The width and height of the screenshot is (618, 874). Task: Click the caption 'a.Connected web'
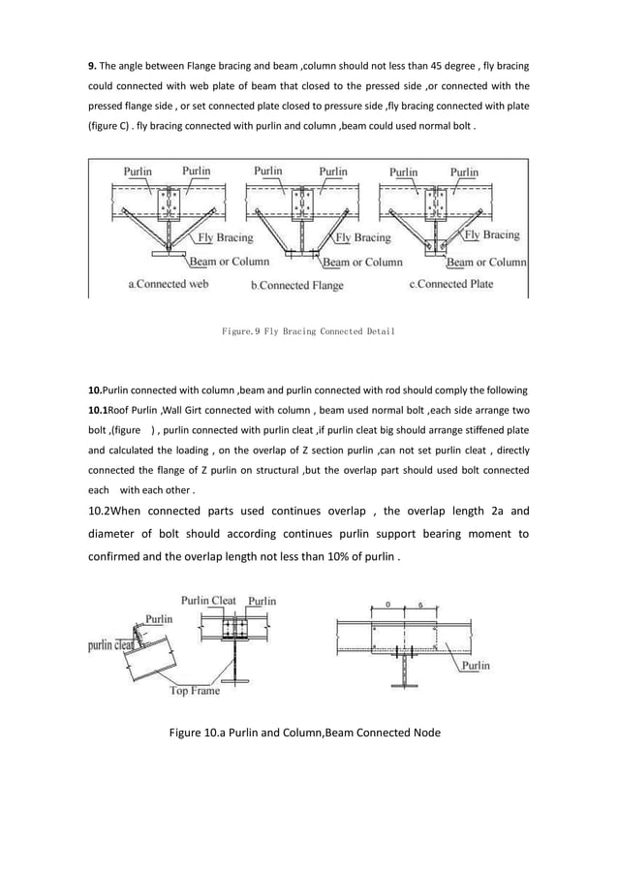point(169,284)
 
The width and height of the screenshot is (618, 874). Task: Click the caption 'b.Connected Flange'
point(297,285)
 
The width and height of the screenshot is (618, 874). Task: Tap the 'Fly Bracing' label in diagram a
point(226,237)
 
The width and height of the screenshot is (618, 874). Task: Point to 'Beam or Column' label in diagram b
point(362,262)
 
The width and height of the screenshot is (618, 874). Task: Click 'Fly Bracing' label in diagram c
point(492,234)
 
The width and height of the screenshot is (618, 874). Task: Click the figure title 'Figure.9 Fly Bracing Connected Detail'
point(308,332)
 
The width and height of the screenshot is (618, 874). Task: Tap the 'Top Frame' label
point(194,691)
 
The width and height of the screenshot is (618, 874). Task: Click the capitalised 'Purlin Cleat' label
point(209,601)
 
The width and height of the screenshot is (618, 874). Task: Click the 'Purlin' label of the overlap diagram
point(474,666)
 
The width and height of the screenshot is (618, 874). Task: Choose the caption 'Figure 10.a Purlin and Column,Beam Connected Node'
point(304,734)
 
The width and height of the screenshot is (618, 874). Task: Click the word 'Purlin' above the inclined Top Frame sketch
point(160,617)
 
